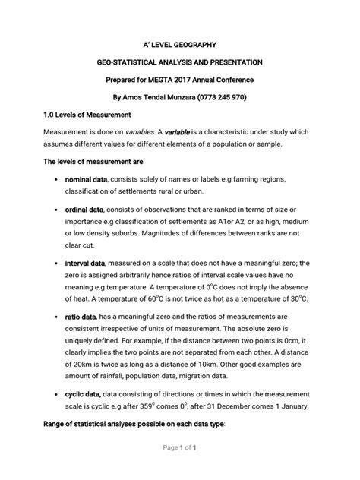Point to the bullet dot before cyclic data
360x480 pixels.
tap(58, 395)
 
